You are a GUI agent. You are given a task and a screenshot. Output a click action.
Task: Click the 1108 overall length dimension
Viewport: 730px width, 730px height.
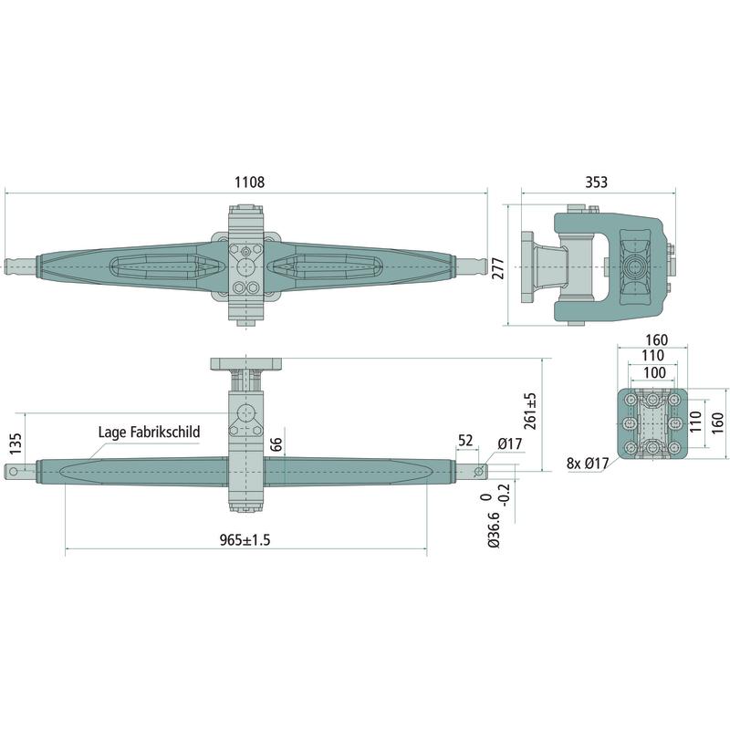tap(249, 182)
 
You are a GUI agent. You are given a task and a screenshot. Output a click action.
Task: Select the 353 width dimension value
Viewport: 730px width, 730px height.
tap(597, 182)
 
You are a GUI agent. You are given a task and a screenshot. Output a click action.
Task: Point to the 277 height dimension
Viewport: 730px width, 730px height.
tap(498, 268)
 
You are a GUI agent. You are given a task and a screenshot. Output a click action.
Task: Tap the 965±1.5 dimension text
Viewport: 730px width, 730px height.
tap(245, 540)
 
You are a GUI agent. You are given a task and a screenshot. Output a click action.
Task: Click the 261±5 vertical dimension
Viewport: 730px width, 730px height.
tap(530, 411)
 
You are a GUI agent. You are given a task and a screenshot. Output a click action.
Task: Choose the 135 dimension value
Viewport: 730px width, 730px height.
tap(16, 444)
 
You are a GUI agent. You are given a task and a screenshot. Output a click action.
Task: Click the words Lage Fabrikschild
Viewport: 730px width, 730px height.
tap(149, 432)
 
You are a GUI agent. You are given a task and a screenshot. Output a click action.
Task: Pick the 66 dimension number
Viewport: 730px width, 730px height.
tap(276, 444)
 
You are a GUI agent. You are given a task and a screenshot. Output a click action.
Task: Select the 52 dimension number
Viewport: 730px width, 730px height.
tap(465, 441)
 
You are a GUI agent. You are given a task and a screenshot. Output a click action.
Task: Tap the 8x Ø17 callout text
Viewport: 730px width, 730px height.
tap(588, 464)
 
